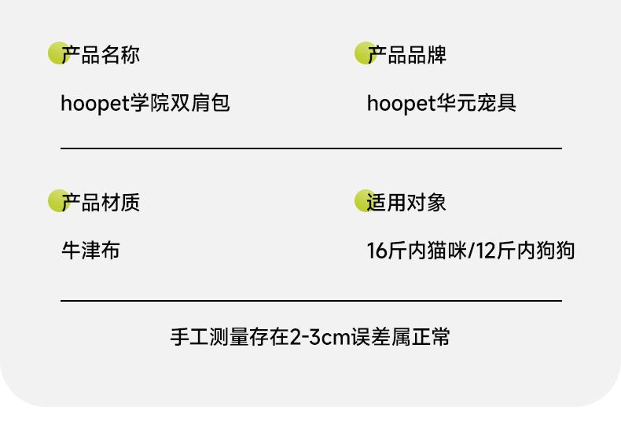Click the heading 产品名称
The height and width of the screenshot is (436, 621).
point(101,55)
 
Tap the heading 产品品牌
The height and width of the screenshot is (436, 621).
point(407,55)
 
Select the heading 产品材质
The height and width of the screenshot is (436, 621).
point(101,203)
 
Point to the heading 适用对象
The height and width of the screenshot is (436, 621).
point(407,203)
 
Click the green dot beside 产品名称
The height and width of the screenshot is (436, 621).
point(57,53)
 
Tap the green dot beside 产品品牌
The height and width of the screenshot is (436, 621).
point(364,53)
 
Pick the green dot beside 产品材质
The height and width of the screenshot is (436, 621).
point(57,200)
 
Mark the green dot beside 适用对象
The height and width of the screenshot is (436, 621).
point(364,200)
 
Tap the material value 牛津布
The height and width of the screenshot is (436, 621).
point(90,251)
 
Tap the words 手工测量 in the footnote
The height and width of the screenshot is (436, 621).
point(208,338)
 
